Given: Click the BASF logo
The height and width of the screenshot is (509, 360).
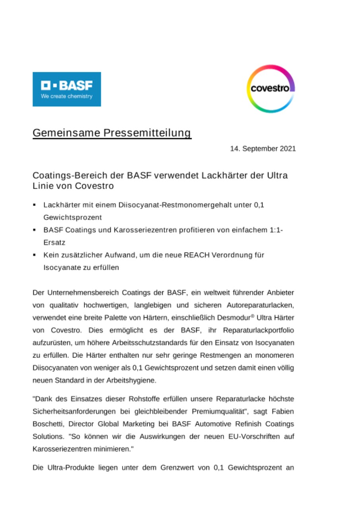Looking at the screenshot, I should pyautogui.click(x=66, y=89).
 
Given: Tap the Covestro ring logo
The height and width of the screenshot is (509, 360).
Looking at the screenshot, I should pyautogui.click(x=270, y=89).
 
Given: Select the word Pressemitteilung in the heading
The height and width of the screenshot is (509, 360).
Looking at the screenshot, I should pyautogui.click(x=148, y=133).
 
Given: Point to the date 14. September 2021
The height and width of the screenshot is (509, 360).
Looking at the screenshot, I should pyautogui.click(x=263, y=149).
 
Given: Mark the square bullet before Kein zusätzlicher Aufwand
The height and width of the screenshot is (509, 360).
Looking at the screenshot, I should pyautogui.click(x=35, y=255).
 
